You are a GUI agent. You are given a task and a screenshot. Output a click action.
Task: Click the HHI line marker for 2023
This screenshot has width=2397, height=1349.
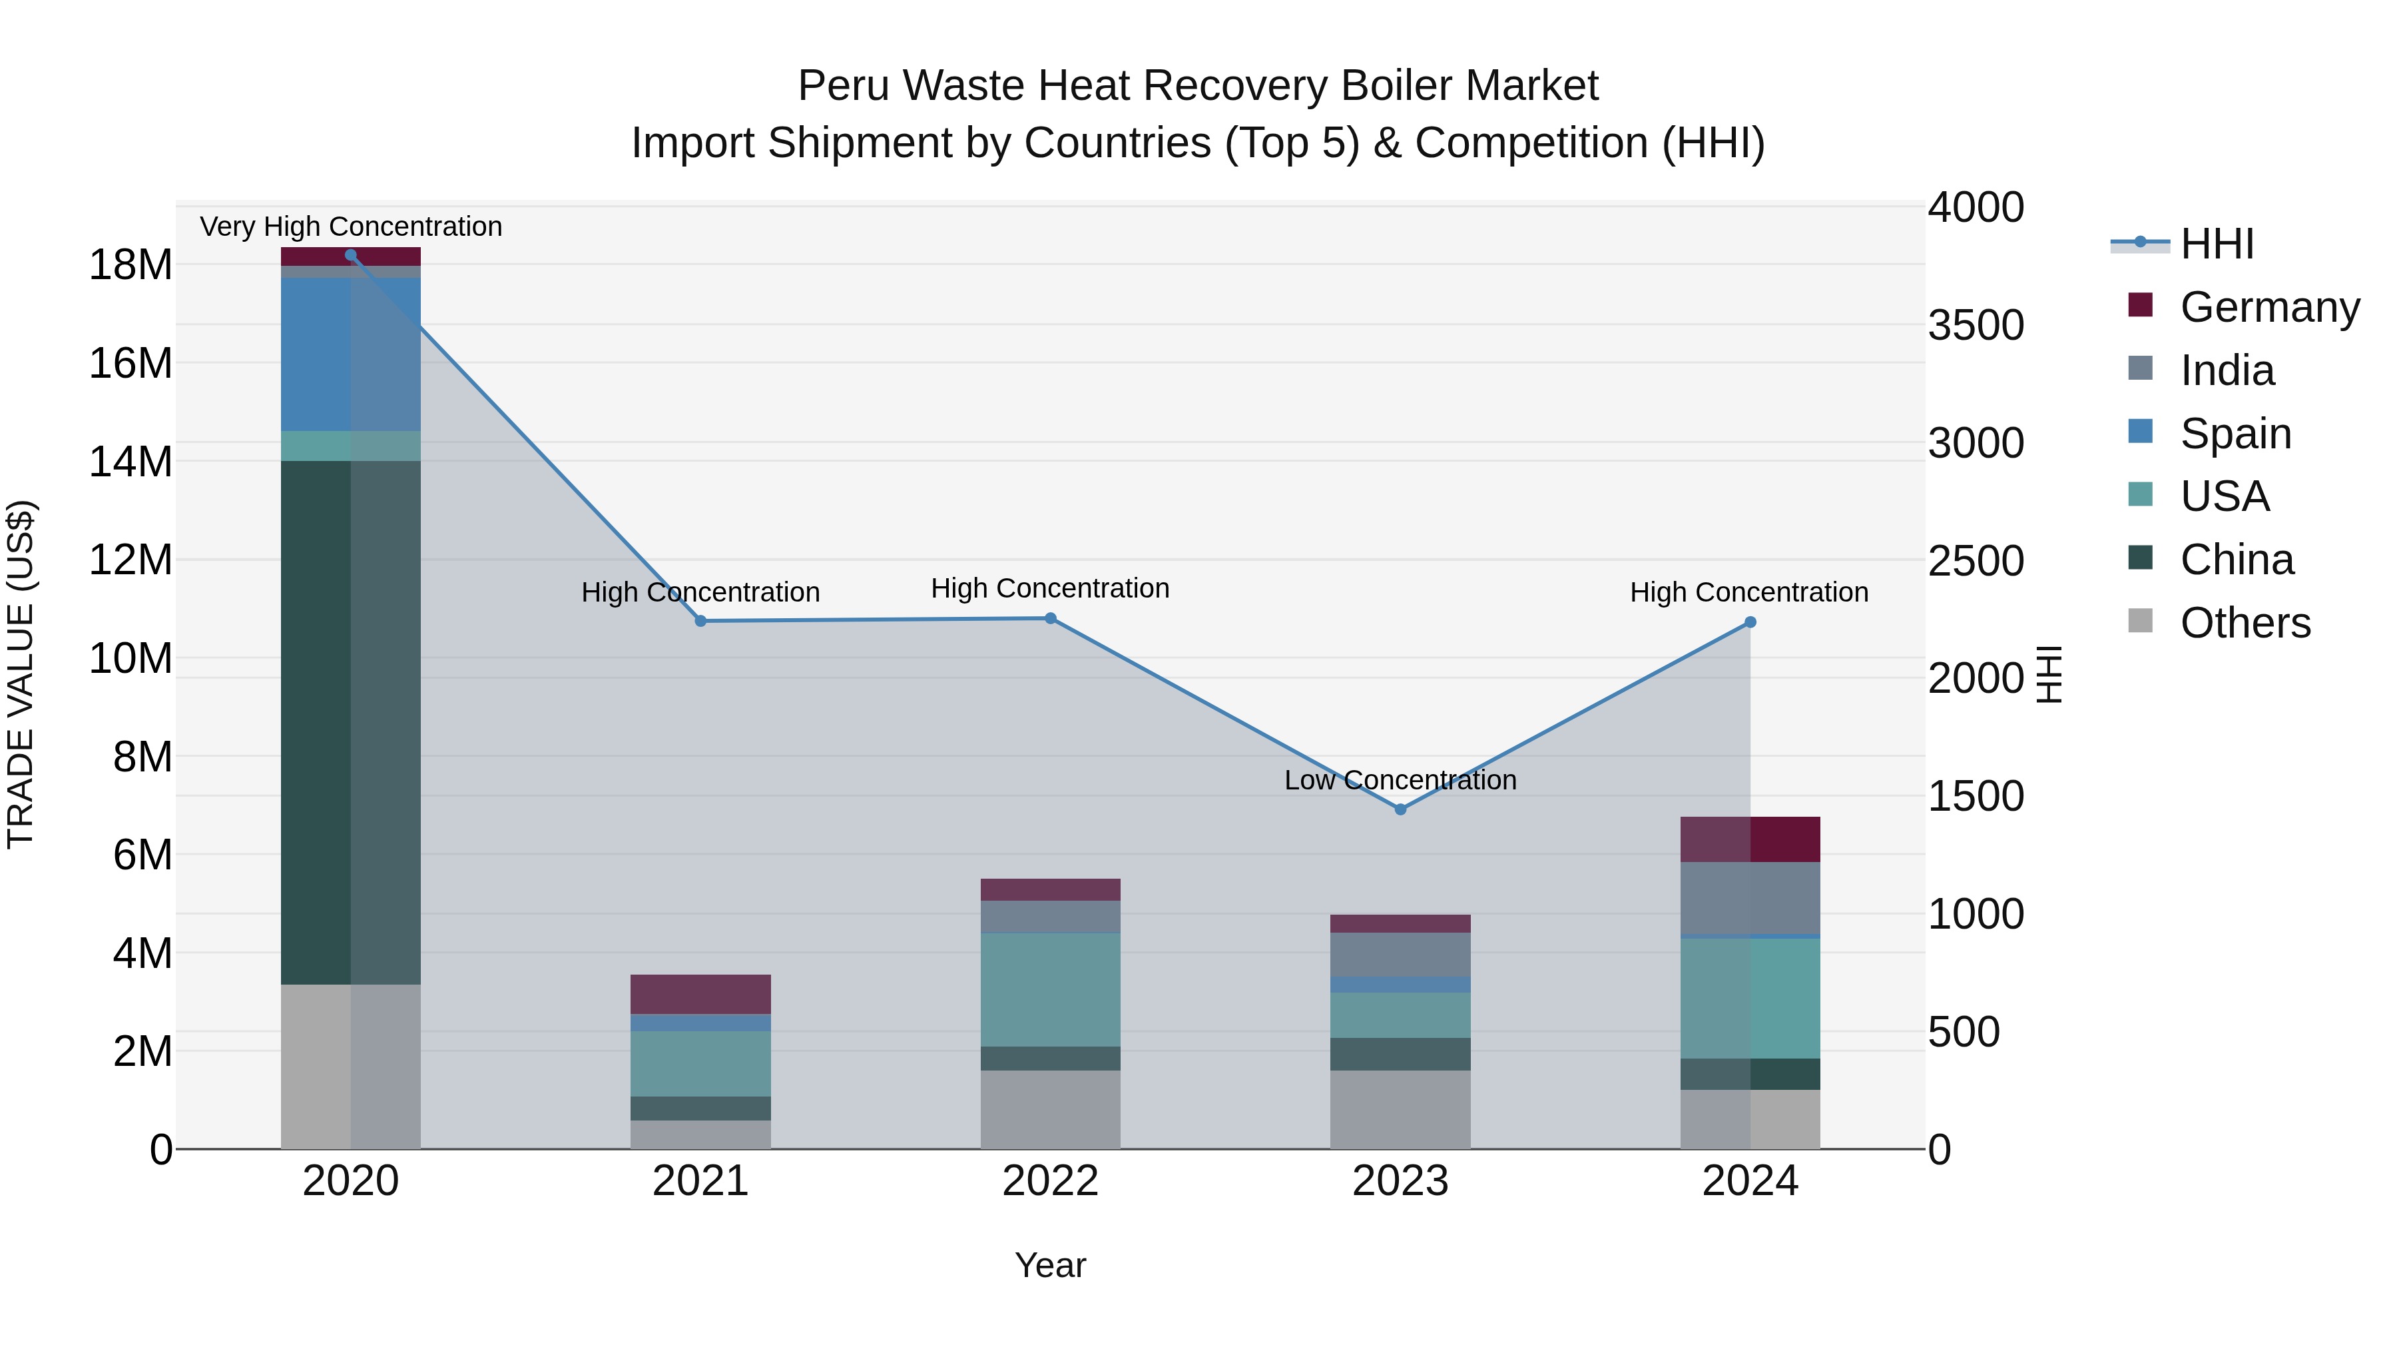click(x=1400, y=809)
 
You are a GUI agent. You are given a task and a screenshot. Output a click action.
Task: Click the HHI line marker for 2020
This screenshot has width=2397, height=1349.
click(x=351, y=255)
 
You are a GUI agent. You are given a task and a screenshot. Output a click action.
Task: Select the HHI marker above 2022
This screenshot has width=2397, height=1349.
click(x=1051, y=618)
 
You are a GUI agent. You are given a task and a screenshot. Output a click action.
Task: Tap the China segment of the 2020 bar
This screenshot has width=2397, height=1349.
click(x=351, y=721)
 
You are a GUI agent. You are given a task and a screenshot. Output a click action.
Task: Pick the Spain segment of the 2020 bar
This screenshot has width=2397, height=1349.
click(x=351, y=354)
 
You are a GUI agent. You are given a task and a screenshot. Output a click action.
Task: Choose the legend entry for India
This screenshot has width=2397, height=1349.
click(x=2227, y=370)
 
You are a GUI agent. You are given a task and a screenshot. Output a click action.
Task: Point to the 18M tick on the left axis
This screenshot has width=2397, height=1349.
click(x=131, y=265)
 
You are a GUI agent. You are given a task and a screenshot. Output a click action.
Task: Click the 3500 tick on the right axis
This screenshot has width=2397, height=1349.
click(x=1976, y=325)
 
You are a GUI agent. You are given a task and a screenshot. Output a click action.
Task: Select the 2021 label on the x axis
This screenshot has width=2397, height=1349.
click(x=700, y=1181)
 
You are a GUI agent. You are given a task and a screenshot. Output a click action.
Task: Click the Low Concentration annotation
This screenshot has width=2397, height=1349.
click(x=1400, y=780)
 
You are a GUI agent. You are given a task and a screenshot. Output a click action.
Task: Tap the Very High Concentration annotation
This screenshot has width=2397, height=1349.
click(x=351, y=226)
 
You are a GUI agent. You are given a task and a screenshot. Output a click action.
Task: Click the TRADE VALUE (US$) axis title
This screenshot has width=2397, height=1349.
click(x=21, y=674)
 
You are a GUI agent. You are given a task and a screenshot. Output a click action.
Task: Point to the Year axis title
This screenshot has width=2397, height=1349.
click(x=1051, y=1265)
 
